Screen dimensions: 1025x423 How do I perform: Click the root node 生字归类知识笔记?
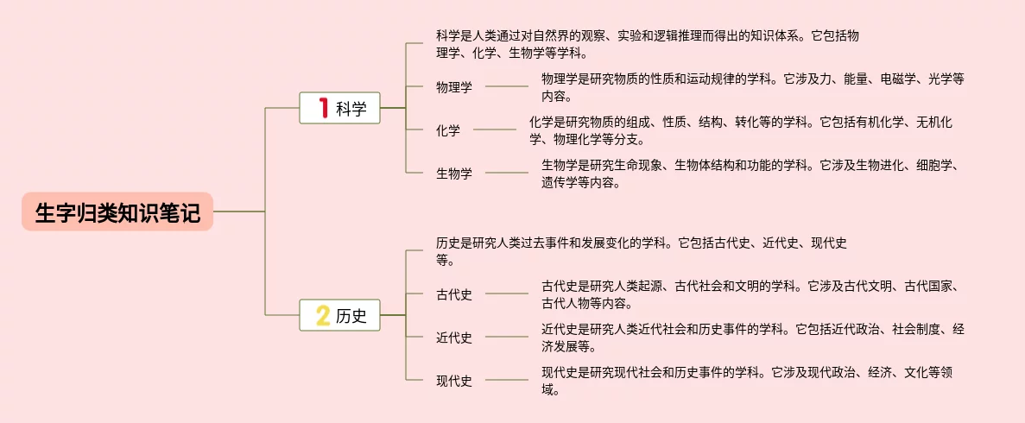[117, 212]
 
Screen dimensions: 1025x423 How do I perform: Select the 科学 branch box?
[339, 108]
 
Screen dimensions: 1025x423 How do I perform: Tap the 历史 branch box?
[339, 315]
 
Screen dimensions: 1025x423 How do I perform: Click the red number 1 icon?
[323, 108]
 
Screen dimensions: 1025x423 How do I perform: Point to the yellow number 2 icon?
[323, 316]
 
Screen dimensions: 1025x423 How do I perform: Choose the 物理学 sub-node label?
[454, 86]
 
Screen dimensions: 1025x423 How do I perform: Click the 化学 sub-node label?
[448, 130]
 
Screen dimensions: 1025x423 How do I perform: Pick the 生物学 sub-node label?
[454, 174]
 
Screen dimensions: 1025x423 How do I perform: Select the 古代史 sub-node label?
[454, 294]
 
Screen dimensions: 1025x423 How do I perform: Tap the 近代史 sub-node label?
[454, 338]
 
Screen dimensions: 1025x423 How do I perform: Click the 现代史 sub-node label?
[454, 381]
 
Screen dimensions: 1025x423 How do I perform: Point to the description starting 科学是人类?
[648, 44]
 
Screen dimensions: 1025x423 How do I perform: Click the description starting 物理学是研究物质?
[752, 86]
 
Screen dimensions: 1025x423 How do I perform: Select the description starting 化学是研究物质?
[741, 130]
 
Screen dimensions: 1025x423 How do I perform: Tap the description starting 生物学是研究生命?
[750, 174]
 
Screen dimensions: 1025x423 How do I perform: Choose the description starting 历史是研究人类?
[641, 251]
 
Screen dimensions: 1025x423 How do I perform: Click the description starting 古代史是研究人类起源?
[750, 294]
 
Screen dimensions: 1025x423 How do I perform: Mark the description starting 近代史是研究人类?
[752, 338]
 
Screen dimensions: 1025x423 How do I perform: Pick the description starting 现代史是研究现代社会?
[747, 381]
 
